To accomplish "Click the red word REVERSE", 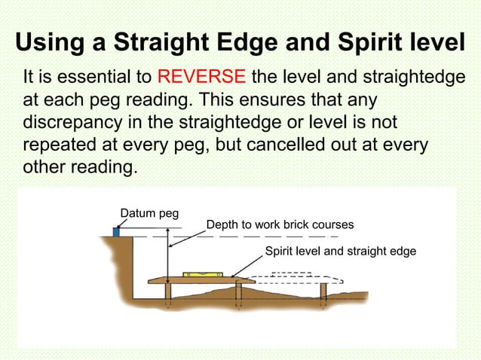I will pos(201,78).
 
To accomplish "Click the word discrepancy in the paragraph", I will pos(75,122).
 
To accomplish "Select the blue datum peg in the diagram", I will pos(117,231).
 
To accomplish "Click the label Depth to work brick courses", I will pos(280,224).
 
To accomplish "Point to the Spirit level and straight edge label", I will pos(340,251).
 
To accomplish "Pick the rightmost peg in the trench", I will pos(323,292).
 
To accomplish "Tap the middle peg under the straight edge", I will pos(238,291).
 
